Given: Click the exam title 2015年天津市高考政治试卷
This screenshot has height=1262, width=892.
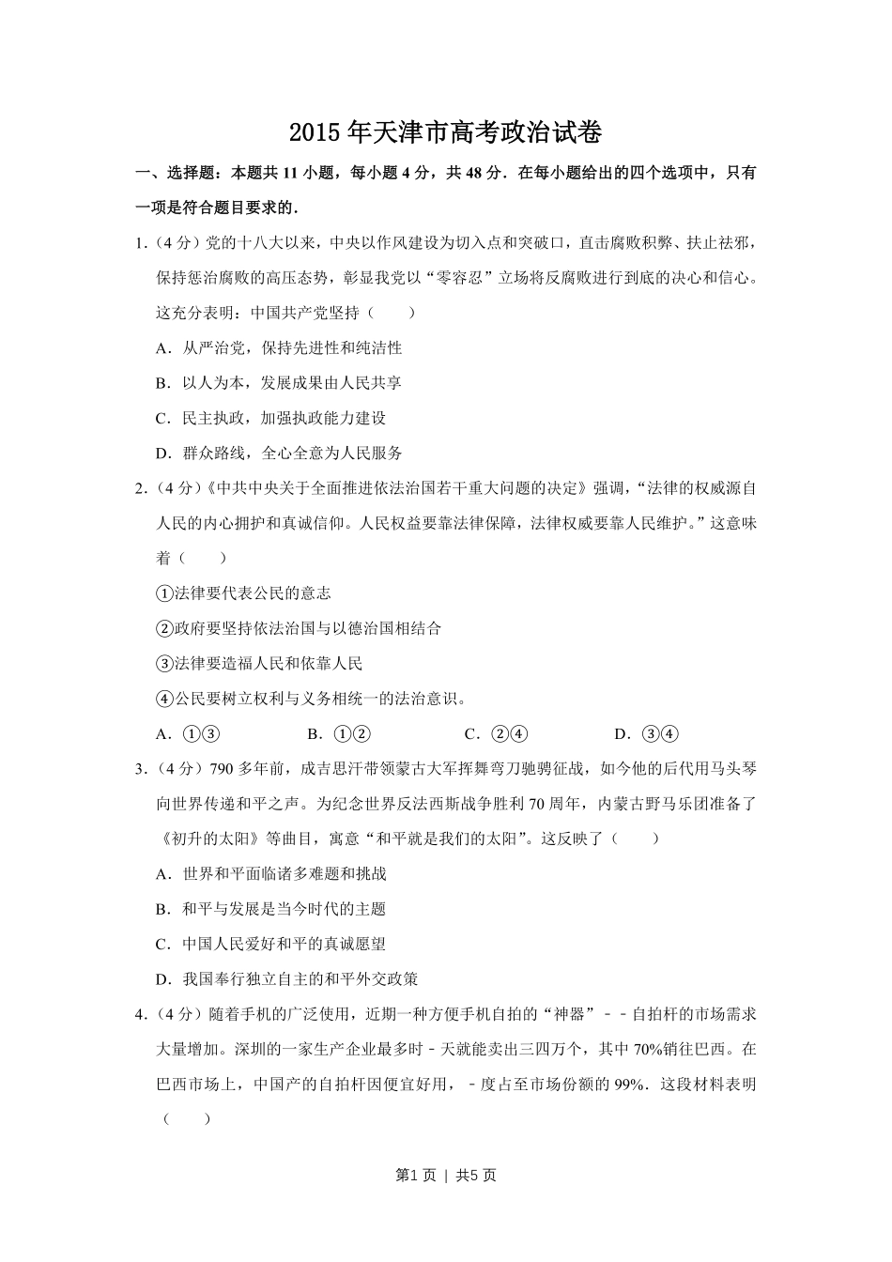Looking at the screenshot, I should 445,132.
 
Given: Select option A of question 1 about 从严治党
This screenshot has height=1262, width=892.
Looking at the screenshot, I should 278,347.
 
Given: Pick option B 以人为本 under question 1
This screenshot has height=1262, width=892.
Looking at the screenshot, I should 278,383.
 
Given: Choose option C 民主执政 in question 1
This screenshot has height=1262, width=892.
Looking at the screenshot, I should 270,418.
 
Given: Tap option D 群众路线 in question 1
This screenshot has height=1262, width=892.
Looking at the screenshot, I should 278,454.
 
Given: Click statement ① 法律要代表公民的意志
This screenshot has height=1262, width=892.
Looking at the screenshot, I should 243,593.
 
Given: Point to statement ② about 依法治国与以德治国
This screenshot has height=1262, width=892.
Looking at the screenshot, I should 299,628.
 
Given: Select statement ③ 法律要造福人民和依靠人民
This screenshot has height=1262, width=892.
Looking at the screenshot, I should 259,664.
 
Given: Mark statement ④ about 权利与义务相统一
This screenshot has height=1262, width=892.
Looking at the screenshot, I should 311,699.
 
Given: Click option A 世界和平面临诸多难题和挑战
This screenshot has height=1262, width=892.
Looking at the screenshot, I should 270,874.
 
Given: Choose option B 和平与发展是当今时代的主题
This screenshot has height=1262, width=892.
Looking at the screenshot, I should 270,909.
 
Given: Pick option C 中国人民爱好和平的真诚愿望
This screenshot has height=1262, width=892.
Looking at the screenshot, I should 270,944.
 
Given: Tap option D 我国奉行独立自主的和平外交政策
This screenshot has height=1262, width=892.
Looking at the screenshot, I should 286,979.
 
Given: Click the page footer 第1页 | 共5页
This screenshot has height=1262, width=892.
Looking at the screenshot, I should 445,1175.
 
